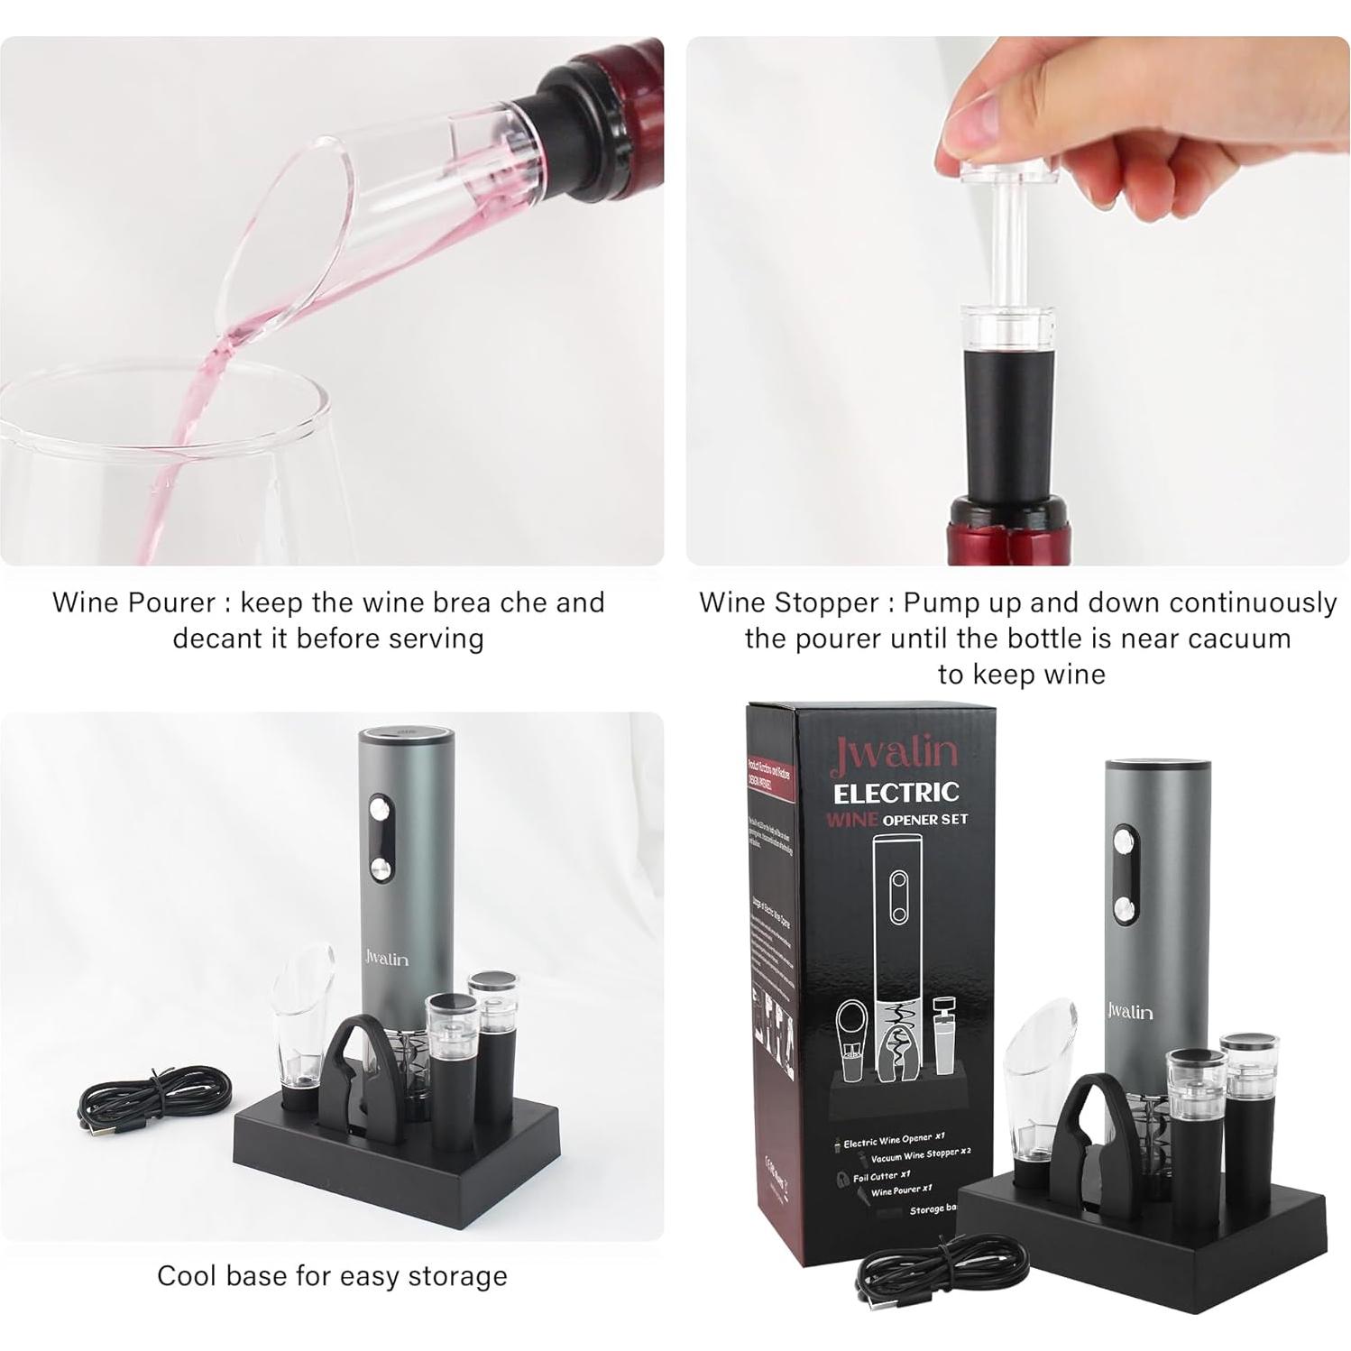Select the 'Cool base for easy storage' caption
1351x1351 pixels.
(332, 1276)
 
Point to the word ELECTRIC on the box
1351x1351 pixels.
(896, 794)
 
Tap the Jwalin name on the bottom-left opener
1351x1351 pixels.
(387, 959)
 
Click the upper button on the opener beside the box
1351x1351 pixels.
(1124, 843)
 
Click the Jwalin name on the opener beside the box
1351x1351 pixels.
(1130, 1011)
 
